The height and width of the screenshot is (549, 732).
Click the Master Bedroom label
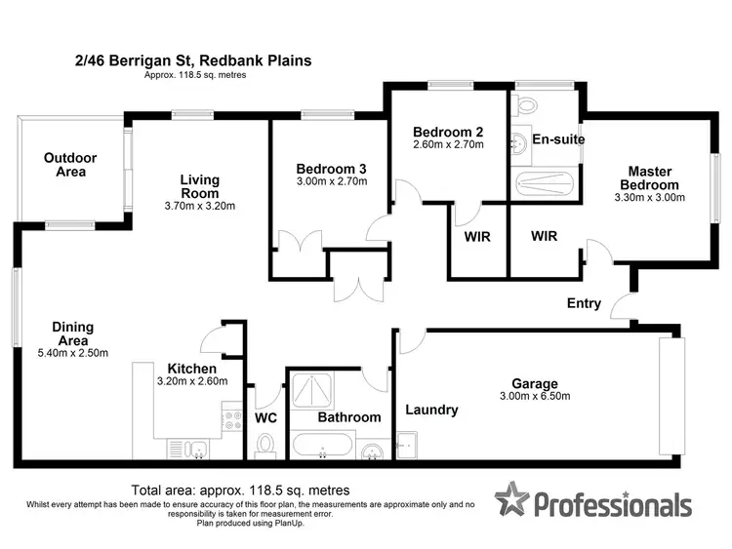(653, 178)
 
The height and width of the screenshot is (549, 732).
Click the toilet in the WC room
(264, 445)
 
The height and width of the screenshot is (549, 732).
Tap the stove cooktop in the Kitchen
(233, 419)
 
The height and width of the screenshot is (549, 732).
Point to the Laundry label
(431, 410)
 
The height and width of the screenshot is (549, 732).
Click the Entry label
(584, 303)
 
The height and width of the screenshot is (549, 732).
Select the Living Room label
(199, 185)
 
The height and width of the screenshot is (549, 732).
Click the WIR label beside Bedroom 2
(476, 237)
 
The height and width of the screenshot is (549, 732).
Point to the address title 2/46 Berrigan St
(193, 60)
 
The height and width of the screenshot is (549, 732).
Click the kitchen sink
(199, 451)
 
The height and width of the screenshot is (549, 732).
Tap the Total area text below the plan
(240, 490)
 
